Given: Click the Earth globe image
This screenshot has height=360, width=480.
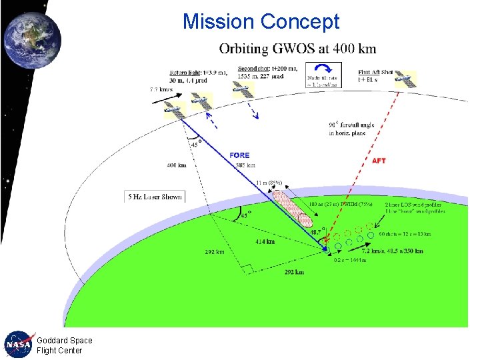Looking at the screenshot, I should pyautogui.click(x=31, y=40).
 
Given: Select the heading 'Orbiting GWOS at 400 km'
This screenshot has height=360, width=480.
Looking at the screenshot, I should pyautogui.click(x=297, y=49).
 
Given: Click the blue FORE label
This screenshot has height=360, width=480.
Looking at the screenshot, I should pyautogui.click(x=239, y=155).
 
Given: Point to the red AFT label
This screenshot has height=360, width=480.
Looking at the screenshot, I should pyautogui.click(x=379, y=161).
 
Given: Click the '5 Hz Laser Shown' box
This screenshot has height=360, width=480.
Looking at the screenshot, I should pyautogui.click(x=154, y=197).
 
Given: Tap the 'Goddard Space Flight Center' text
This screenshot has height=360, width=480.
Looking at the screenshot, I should pyautogui.click(x=64, y=345).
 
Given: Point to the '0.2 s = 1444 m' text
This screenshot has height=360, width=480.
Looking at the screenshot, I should pyautogui.click(x=351, y=261).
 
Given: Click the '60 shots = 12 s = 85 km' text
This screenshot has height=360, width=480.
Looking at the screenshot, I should pyautogui.click(x=405, y=235).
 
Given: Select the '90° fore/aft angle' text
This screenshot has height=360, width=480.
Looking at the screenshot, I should pyautogui.click(x=351, y=125).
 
